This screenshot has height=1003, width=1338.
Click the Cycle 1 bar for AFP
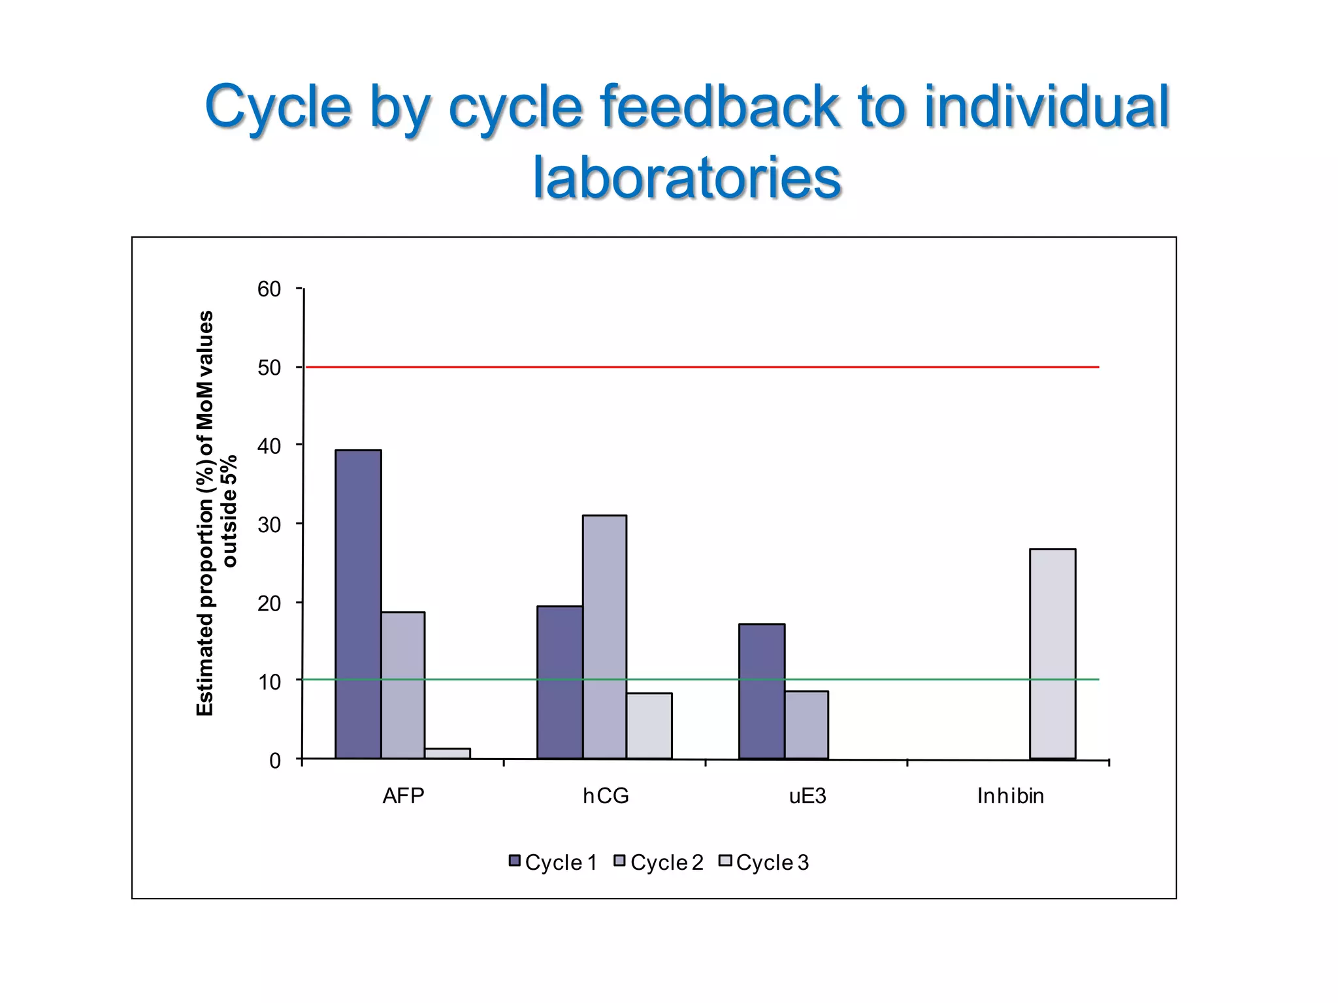[358, 604]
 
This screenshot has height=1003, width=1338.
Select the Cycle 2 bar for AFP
[403, 685]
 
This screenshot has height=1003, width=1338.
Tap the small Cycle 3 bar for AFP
[448, 753]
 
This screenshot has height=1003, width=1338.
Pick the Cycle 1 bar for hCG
[560, 682]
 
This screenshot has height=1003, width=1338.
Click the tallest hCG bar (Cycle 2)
[605, 637]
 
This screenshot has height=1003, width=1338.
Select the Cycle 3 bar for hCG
[649, 725]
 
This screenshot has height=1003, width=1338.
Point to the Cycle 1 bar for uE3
[762, 691]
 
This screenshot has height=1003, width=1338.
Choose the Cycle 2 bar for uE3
[807, 725]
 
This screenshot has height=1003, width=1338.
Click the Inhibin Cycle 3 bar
[1052, 654]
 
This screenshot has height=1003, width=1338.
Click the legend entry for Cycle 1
[553, 863]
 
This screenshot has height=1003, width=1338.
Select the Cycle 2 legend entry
[659, 863]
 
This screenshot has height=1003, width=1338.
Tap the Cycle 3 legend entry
[764, 863]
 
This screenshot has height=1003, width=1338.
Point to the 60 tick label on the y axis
[269, 289]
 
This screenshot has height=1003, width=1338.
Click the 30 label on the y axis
[269, 525]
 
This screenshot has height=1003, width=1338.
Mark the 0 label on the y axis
[275, 761]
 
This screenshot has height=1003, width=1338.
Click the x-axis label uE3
[808, 796]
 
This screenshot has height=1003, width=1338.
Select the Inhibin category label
[1010, 796]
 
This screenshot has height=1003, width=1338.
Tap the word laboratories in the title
[687, 178]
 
